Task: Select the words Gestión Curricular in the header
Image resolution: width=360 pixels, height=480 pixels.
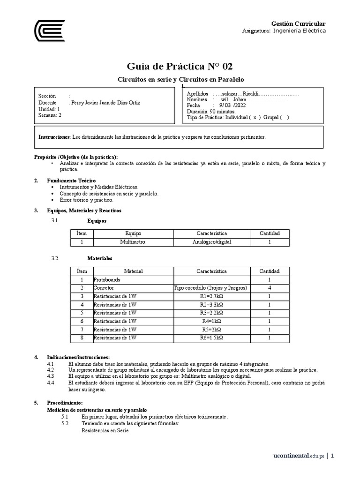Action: coord(299,23)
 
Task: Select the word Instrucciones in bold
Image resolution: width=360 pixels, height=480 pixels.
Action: coord(54,137)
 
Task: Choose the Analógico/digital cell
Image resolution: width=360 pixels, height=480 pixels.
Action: coord(212,242)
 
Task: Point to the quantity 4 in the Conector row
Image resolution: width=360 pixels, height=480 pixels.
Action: coord(270,288)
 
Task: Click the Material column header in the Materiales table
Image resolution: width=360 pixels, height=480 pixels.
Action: coord(133,271)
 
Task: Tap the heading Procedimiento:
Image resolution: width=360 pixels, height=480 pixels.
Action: coord(65,403)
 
